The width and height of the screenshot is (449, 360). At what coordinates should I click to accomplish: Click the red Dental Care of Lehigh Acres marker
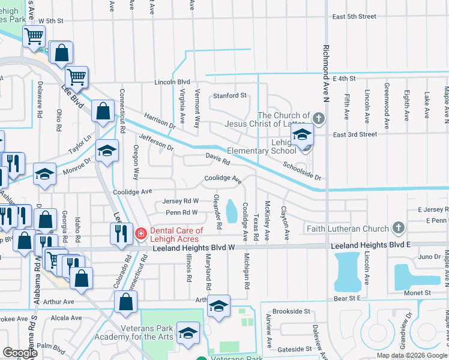[x=140, y=233]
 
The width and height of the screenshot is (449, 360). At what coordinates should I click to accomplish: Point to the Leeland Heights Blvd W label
[x=193, y=247]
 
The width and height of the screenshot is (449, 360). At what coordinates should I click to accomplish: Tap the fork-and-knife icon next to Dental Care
[x=121, y=233]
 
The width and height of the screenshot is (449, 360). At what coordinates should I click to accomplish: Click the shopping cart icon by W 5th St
[x=34, y=36]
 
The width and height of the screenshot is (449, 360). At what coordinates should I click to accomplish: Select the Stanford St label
[x=230, y=95]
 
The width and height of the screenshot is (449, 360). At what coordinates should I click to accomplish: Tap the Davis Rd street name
[x=217, y=158]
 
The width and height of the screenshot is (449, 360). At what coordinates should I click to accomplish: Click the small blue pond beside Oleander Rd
[x=231, y=210]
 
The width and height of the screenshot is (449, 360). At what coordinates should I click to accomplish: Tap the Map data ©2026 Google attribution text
[x=411, y=355]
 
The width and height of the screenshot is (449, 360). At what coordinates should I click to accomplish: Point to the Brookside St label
[x=291, y=312]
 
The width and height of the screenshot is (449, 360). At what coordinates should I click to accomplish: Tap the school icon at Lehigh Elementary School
[x=302, y=134]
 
